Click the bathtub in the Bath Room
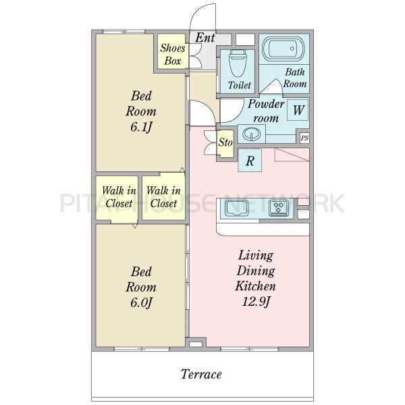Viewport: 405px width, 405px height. (283, 49)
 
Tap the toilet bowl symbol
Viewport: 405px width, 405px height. (238, 63)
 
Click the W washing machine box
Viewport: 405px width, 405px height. (298, 110)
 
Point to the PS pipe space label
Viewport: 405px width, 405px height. (305, 138)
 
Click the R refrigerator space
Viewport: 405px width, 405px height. (250, 161)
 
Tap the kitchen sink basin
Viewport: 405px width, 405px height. (237, 208)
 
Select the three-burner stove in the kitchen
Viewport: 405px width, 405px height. (279, 208)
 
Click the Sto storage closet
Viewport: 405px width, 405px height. (225, 144)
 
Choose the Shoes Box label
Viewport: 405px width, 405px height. (173, 55)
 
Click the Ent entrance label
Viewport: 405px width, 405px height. (205, 38)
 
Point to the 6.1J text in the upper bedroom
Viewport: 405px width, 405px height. (141, 127)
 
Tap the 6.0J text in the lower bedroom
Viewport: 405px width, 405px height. (141, 302)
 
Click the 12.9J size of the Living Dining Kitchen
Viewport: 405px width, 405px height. (256, 302)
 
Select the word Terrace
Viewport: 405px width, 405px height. (201, 374)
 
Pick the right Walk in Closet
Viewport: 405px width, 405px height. (163, 198)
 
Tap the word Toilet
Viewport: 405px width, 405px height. (240, 85)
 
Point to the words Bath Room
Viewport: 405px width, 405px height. (295, 78)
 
